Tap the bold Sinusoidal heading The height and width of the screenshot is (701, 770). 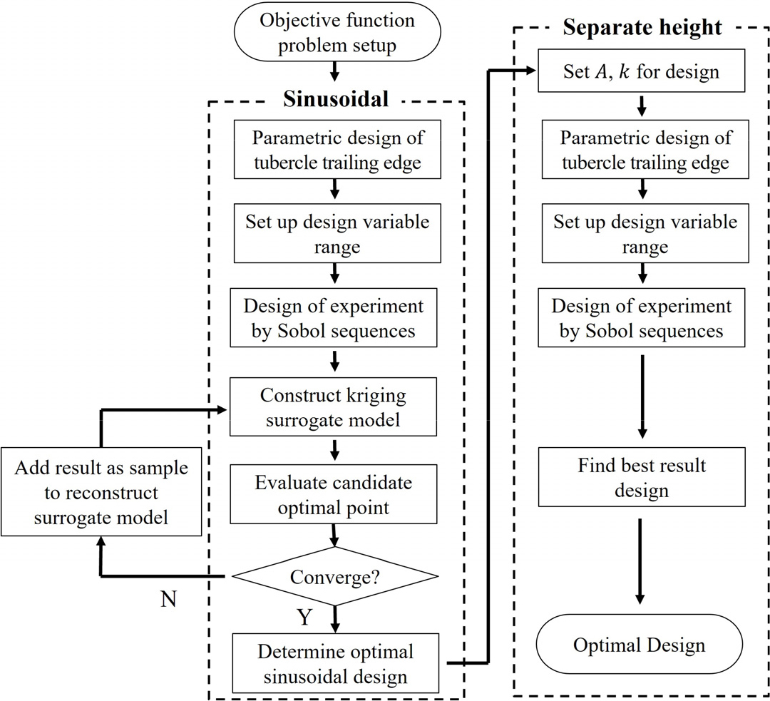coord(337,99)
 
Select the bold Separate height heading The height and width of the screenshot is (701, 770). coord(642,28)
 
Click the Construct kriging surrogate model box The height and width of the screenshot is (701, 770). coord(334,407)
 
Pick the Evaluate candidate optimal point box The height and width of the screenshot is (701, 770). coord(334,495)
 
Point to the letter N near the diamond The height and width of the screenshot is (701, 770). coord(168,599)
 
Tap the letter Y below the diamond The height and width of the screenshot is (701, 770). coord(304,617)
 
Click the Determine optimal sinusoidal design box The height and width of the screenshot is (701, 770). coord(334,663)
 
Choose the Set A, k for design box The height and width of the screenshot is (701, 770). coord(642,72)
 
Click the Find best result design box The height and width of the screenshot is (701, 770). coord(642,479)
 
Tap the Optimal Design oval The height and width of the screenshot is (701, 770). coord(639,645)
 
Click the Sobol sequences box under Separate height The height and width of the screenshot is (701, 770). coord(642,318)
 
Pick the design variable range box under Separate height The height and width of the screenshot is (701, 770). coord(642,233)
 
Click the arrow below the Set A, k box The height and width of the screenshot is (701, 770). coord(642,106)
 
